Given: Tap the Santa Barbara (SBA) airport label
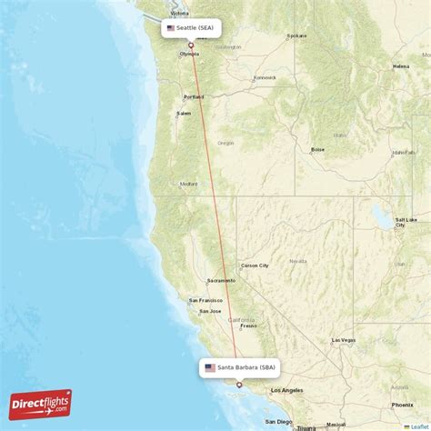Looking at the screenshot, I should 240,367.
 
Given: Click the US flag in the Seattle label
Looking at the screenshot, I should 170,28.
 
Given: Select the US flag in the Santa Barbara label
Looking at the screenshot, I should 210,367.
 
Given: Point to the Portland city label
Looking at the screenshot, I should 194,96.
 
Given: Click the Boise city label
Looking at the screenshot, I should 317,149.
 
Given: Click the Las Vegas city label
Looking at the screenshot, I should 344,339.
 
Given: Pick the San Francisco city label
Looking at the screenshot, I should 205,300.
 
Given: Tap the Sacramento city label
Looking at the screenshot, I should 221,281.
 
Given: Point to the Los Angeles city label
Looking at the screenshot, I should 294,390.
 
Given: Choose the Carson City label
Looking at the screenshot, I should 254,266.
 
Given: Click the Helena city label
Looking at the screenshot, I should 401,66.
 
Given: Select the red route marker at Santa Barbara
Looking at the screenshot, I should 239,385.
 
